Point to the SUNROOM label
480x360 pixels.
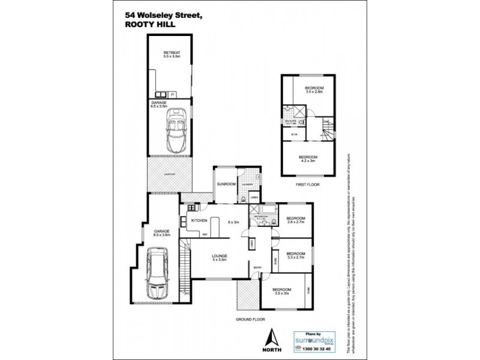[227, 184]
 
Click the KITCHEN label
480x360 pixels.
[199, 221]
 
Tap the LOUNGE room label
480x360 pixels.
[219, 257]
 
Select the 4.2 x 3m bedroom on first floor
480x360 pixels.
[308, 158]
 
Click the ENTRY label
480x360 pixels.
[257, 267]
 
